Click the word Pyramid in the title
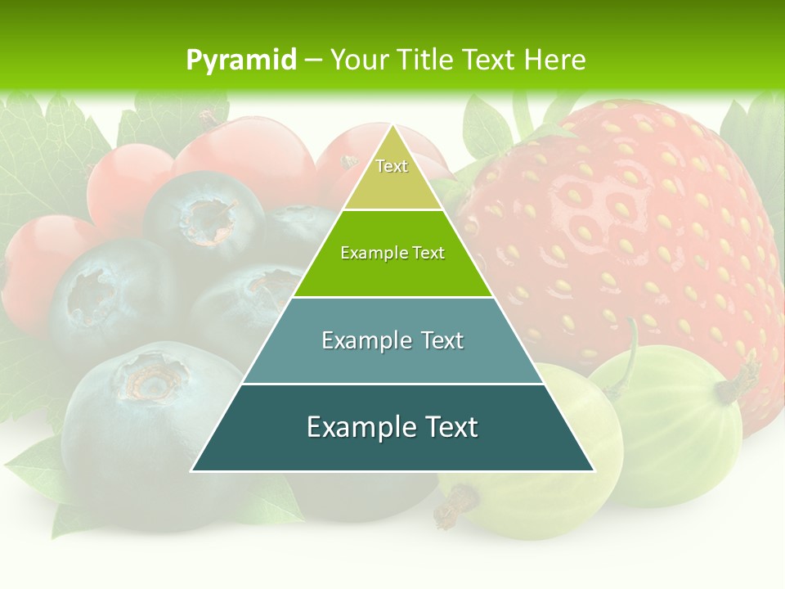click(241, 60)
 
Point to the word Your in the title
click(357, 60)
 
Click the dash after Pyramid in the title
click(313, 61)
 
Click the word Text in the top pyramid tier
click(392, 166)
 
